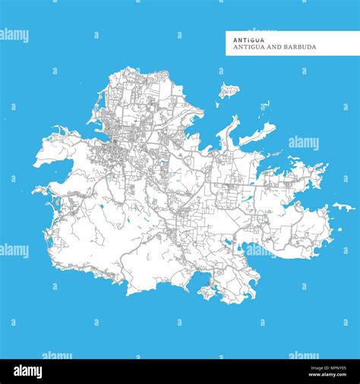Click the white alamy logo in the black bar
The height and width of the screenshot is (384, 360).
[x=30, y=371]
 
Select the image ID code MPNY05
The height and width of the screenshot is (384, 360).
[x=331, y=368]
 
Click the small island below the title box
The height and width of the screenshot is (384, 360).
[x=228, y=92]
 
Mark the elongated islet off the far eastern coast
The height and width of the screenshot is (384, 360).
[x=343, y=206]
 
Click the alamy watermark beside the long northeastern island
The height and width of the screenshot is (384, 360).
[x=303, y=143]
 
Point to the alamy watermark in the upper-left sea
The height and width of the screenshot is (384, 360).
[x=14, y=36]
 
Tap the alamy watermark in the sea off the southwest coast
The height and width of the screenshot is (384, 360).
[x=14, y=250]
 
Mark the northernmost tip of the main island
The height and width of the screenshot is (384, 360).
[x=120, y=70]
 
